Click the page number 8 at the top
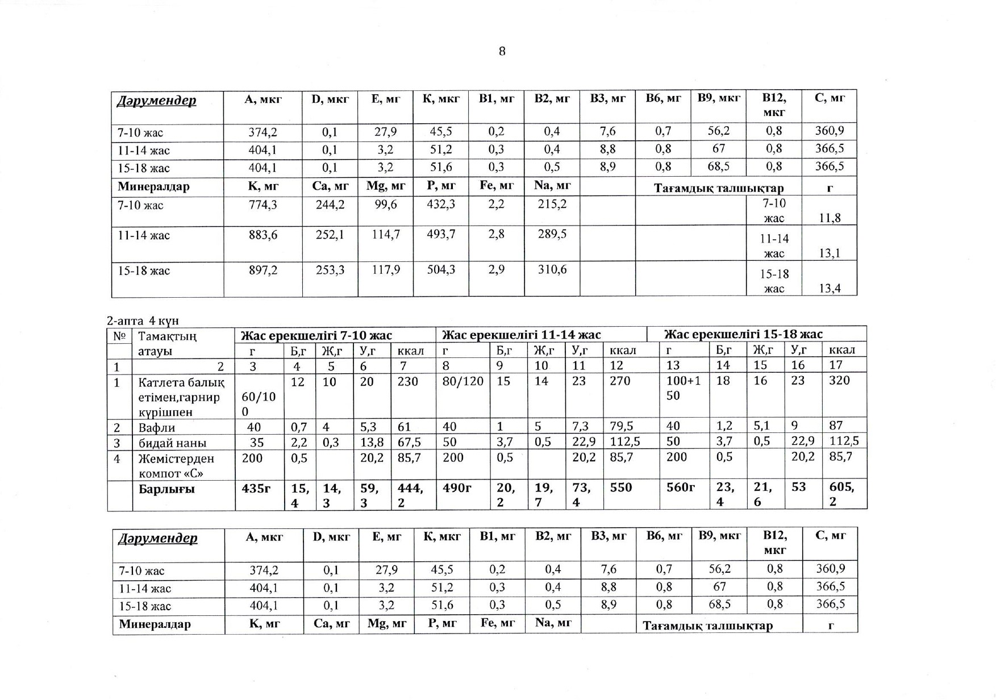(502, 52)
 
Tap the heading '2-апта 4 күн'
(143, 321)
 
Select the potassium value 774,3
(262, 205)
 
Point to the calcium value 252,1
(330, 235)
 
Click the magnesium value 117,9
(386, 270)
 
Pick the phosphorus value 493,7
(441, 235)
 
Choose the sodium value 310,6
(552, 270)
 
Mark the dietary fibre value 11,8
(830, 218)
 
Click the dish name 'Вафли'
(157, 428)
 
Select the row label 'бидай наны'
(173, 443)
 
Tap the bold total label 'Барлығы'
(166, 489)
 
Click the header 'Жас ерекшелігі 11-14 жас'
(521, 335)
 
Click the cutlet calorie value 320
(839, 381)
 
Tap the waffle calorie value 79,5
(622, 426)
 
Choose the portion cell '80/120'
(462, 381)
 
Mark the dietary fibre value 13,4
(830, 289)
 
